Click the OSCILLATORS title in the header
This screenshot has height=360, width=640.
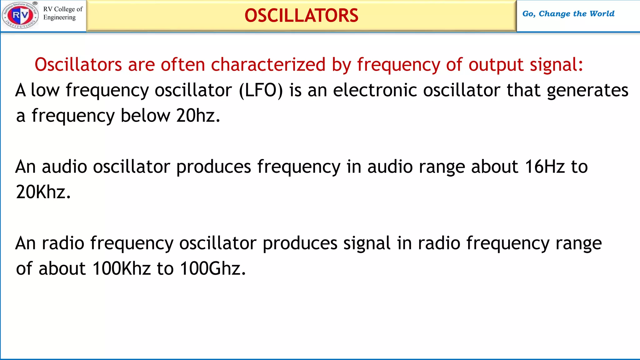[301, 16]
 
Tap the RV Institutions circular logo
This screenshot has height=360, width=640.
[20, 15]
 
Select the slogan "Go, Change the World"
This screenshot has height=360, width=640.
[568, 14]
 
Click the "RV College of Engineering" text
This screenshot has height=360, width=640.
[62, 13]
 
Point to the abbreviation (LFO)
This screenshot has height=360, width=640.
[261, 90]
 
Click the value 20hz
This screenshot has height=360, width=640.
[198, 116]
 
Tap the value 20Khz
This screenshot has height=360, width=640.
[43, 192]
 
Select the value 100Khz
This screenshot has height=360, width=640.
[122, 268]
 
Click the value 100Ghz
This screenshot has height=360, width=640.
[212, 268]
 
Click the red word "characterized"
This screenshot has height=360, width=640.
[268, 65]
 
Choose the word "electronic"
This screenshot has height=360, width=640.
[375, 90]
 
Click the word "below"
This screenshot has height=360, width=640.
[145, 116]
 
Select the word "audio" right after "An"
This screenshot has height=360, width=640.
[64, 167]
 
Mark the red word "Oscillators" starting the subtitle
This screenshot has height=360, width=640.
[78, 65]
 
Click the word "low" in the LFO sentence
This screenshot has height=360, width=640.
[45, 90]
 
